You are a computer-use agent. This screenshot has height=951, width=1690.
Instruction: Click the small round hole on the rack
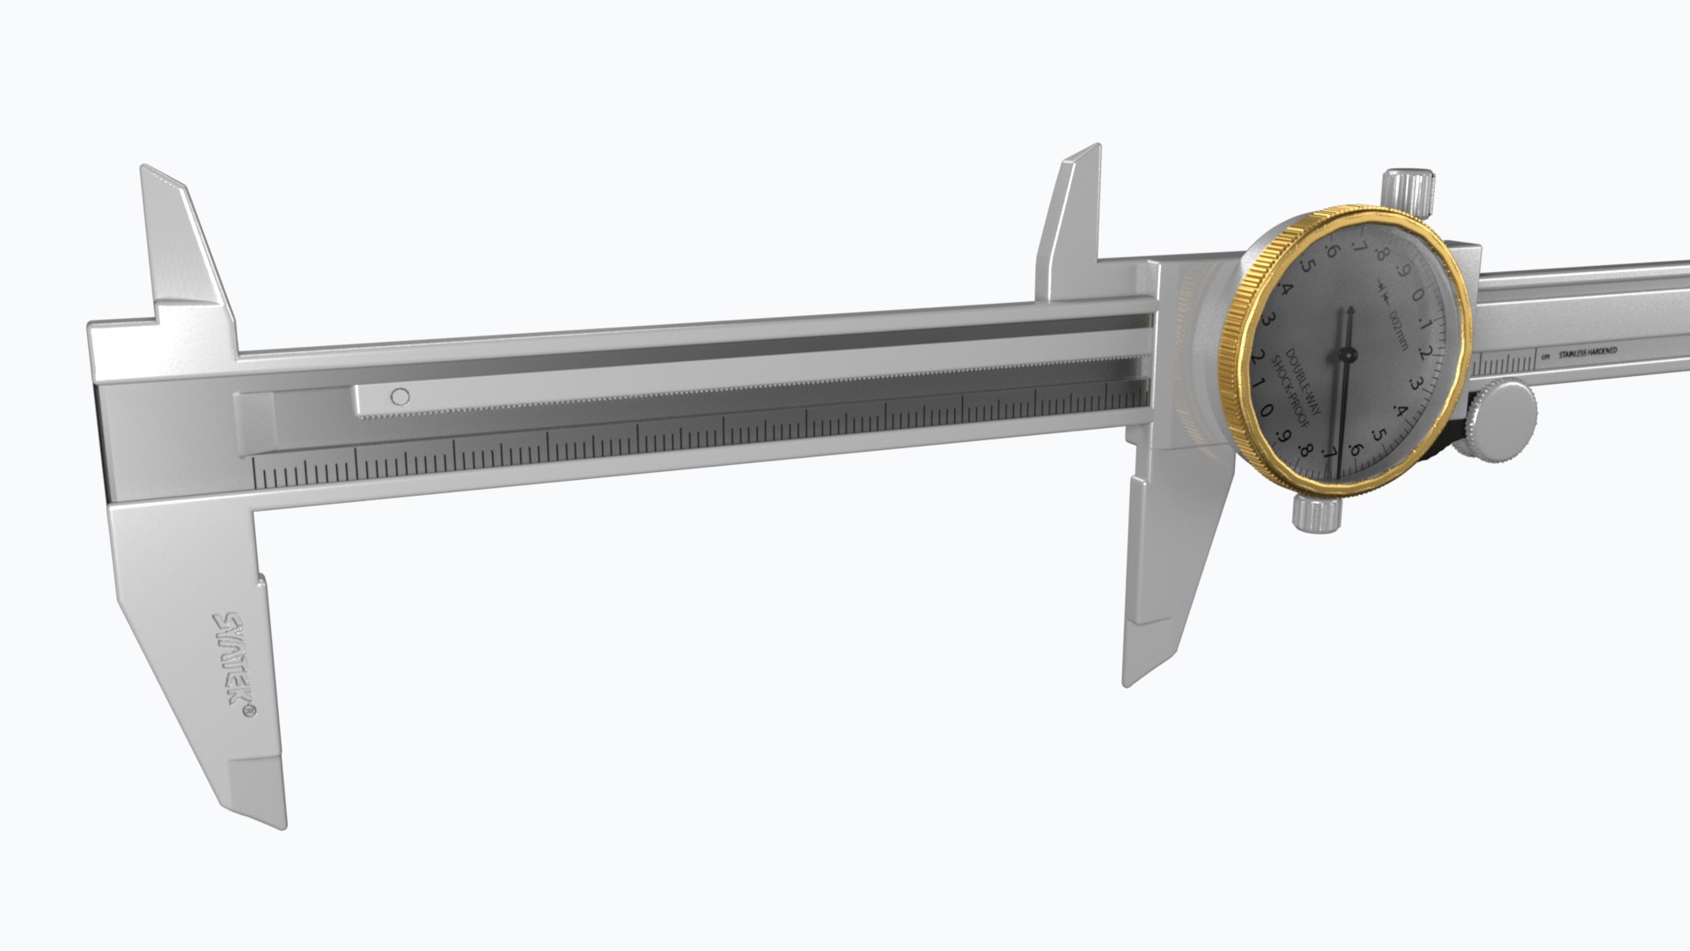pos(400,396)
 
